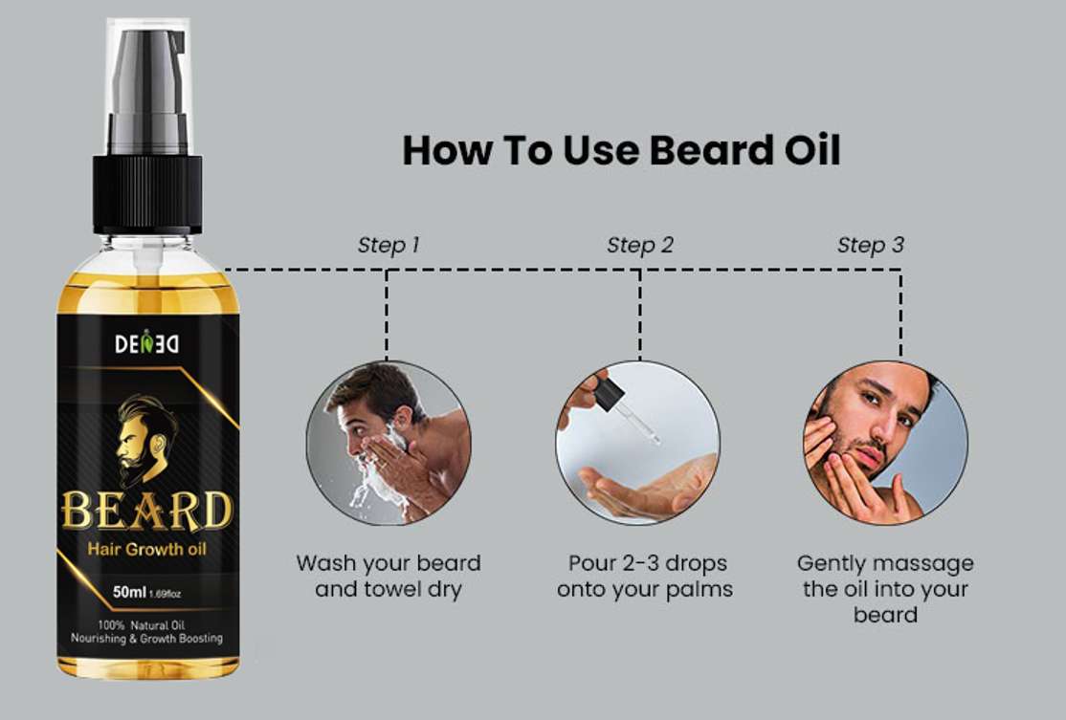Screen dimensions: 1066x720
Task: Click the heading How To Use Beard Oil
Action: point(621,150)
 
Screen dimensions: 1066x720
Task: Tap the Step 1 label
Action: point(389,245)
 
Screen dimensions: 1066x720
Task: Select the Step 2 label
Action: point(640,245)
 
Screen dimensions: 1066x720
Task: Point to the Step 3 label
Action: point(870,245)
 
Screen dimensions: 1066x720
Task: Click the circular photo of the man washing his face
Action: point(389,443)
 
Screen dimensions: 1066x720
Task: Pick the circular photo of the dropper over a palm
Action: point(637,443)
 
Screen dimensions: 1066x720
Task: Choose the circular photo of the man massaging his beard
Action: point(885,443)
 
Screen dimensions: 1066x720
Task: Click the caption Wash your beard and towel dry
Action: point(389,576)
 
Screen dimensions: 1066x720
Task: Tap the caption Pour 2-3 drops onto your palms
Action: point(645,576)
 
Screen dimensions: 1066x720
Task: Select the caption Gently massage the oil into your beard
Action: point(885,588)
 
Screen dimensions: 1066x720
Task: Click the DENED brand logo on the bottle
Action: point(146,342)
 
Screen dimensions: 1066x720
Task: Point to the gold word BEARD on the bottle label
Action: point(146,511)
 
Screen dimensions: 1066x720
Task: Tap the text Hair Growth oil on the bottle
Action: point(146,549)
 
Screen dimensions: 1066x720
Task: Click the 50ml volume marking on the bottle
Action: point(129,592)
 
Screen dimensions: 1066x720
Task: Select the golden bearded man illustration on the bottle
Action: point(144,439)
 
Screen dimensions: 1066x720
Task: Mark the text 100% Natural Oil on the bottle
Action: point(142,625)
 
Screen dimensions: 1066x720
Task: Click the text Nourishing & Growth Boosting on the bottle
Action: point(146,639)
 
